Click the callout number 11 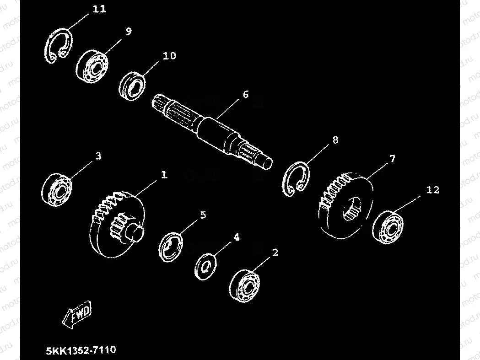click(99, 10)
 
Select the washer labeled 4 click(205, 265)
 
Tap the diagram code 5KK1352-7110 click(81, 350)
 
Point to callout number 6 click(245, 95)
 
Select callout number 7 click(392, 159)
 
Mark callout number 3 click(98, 156)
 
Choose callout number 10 click(168, 56)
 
